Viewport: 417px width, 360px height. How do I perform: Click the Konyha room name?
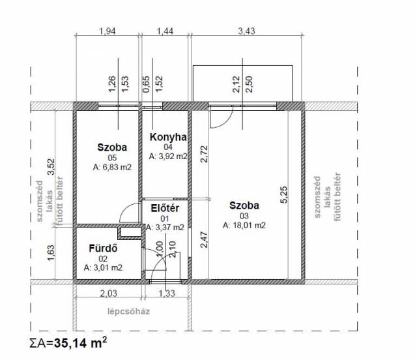point(168,137)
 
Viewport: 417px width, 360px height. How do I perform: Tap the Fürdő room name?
point(103,248)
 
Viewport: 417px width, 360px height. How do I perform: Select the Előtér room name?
point(165,208)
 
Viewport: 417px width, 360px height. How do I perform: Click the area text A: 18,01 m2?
point(244,225)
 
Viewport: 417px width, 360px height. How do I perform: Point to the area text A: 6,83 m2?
point(112,167)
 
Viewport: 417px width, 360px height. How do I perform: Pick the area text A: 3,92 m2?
point(168,157)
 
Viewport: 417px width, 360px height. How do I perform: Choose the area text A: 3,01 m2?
point(103,267)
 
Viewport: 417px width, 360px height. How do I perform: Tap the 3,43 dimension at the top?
point(246,31)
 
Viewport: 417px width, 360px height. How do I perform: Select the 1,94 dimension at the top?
point(108,31)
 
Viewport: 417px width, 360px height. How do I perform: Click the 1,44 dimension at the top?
point(165,31)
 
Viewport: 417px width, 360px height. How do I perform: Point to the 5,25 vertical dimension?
point(284,194)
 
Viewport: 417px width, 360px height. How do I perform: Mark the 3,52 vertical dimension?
point(51,167)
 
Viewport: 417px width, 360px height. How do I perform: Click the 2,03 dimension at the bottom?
point(109,293)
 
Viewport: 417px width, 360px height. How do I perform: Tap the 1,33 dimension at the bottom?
point(167,293)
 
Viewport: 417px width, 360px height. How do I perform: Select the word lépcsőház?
point(129,311)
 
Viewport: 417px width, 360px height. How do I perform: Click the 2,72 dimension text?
point(204,154)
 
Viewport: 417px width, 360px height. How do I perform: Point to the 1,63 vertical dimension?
point(51,253)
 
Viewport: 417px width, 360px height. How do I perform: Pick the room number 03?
point(244,216)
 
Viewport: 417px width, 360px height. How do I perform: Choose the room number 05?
point(112,158)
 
